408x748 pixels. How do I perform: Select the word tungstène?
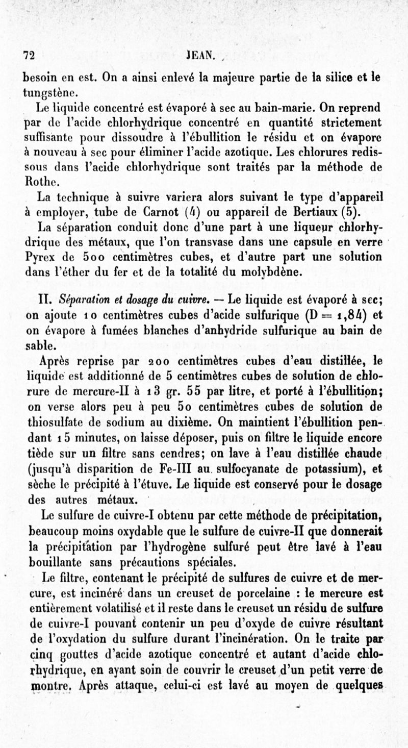[x=51, y=93]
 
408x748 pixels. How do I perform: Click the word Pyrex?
[x=40, y=257]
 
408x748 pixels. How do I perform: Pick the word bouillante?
[x=53, y=562]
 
